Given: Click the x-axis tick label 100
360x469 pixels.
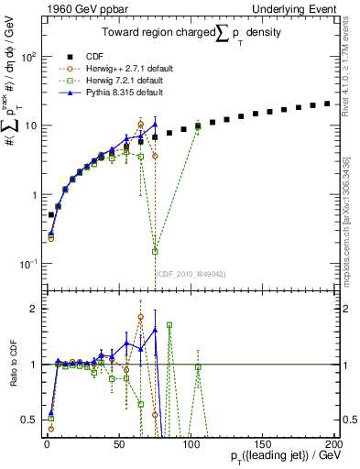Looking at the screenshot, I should [x=190, y=443].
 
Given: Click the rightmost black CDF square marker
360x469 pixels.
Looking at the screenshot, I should [x=328, y=104].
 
